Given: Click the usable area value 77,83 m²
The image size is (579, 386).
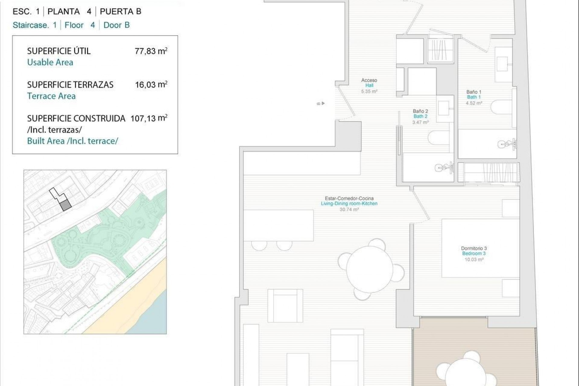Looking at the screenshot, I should pos(151,51).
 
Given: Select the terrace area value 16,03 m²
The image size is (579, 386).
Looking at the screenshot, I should pos(151,84).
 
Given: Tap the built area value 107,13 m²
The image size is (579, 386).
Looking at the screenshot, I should pos(149,118).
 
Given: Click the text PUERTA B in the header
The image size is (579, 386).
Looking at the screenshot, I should pos(120,11).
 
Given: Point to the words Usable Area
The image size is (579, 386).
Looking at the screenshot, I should pos(50,62).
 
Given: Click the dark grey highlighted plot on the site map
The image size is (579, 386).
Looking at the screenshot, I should pos(65,206).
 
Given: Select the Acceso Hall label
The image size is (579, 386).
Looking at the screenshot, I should pos(369,85).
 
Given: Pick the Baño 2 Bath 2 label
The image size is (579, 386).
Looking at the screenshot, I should pos(420,116).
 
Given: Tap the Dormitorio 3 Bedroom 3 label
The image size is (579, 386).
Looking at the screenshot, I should pos(474,253).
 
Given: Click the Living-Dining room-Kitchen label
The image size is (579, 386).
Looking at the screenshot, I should pos(349,204).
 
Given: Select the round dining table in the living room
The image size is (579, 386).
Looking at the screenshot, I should pos(370,269).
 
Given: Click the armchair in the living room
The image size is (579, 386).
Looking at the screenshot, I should pos(285,305).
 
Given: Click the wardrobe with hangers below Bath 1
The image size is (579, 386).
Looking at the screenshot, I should pos(489,172).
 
